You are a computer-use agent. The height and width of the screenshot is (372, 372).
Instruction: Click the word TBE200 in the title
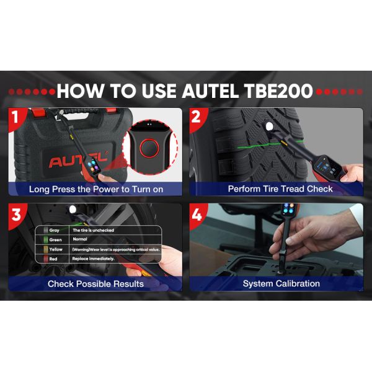[273, 92]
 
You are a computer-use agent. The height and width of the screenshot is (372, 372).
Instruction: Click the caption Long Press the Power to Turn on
[96, 188]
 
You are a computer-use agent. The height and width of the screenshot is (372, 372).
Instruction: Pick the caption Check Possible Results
[95, 283]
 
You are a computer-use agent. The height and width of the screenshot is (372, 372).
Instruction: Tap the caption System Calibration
[281, 283]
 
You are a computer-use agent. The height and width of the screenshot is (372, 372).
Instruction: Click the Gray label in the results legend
[55, 230]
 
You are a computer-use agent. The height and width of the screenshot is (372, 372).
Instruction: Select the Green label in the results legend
[56, 239]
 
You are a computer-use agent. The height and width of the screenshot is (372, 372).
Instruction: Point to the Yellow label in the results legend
[56, 249]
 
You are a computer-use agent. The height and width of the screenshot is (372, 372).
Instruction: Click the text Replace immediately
[94, 257]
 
